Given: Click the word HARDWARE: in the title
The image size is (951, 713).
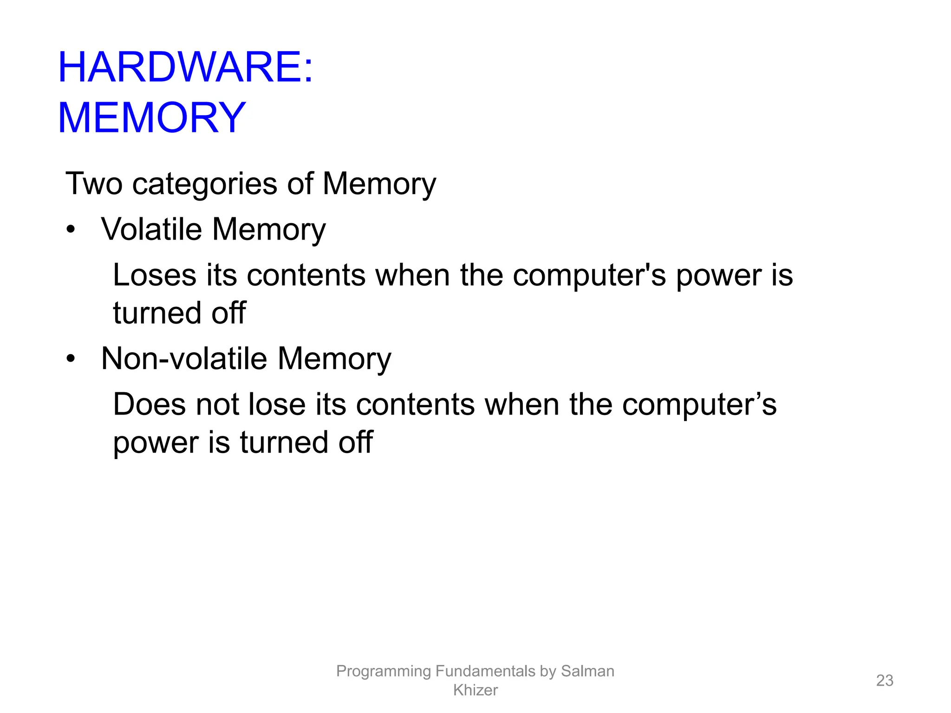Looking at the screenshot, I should (185, 67).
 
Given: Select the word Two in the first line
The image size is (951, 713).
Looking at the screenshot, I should (94, 184).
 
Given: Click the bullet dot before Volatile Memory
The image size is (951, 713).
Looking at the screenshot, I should (70, 229).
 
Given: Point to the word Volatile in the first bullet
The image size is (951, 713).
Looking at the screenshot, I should (151, 229).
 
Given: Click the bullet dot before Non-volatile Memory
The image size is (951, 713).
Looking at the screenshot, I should (70, 358).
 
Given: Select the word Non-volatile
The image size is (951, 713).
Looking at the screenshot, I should (184, 359).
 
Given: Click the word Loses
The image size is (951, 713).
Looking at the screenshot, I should (154, 275).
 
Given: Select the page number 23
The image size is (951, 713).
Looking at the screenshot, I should (884, 681).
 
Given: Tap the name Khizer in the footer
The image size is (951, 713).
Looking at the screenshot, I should (475, 690).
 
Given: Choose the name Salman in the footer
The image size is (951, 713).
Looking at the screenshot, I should (587, 671).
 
